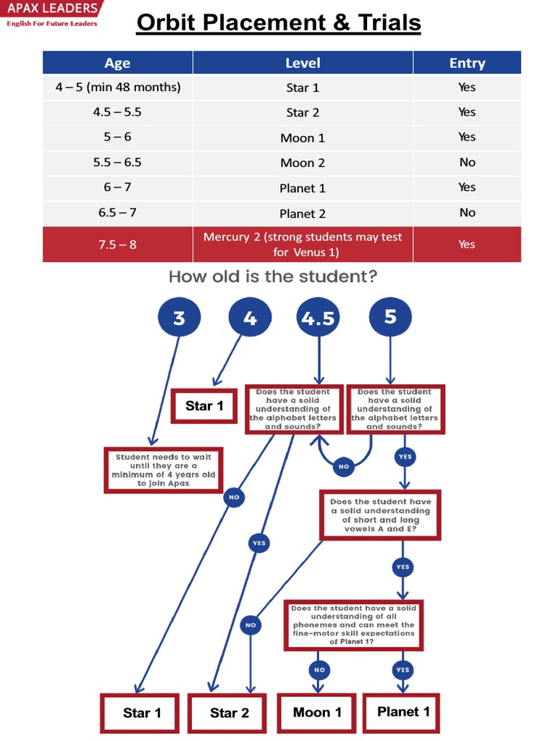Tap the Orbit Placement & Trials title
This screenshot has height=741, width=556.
coord(279,23)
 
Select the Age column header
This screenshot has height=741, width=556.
coord(117,63)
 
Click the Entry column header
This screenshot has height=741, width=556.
coord(467,63)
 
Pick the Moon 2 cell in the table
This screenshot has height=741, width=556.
coord(303,163)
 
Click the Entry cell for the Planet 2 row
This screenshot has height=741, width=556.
coord(467,213)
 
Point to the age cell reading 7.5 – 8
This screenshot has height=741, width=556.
coord(117,245)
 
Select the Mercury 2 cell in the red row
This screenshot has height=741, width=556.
coord(303,245)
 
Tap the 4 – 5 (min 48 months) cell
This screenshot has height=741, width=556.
coord(117,88)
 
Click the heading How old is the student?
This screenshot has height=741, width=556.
coord(273,276)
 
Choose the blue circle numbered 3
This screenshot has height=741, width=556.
coord(179,318)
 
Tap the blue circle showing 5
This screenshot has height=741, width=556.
coord(390,317)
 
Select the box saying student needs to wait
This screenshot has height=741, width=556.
coord(163,470)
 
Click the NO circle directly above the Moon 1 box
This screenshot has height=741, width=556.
coord(319,670)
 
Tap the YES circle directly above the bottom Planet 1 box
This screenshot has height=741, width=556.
coord(403,670)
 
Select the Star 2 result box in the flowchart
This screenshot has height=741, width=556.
coord(229,714)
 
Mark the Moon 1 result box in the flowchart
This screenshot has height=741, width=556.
coord(317,713)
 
